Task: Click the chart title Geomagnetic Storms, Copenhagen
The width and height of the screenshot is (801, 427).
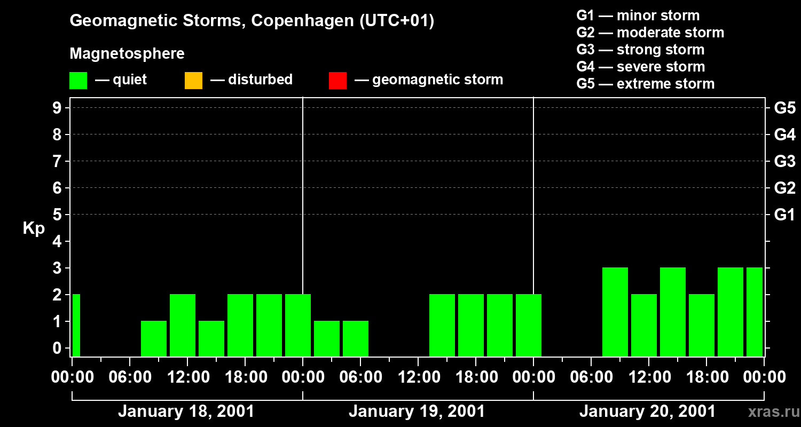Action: (252, 21)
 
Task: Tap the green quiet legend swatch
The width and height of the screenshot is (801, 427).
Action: (78, 81)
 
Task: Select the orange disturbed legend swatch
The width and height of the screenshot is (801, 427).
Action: (193, 81)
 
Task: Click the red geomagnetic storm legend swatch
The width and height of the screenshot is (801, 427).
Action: (337, 81)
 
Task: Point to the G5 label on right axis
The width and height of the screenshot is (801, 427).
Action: (784, 108)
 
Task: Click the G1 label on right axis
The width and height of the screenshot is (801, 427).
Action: (784, 215)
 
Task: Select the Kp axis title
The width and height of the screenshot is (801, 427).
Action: (34, 228)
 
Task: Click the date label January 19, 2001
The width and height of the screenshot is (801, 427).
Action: (417, 412)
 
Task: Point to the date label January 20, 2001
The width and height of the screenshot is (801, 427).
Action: (647, 412)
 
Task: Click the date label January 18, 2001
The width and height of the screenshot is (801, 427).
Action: (186, 412)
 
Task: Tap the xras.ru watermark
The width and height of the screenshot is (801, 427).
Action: (772, 412)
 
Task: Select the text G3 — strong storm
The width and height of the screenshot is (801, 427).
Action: (640, 50)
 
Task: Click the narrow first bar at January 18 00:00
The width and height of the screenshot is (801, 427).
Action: (76, 325)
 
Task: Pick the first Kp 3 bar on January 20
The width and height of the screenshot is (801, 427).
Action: (615, 312)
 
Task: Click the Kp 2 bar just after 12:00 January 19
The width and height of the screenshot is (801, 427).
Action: (442, 325)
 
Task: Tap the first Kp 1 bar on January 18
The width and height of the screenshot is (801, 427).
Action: (153, 338)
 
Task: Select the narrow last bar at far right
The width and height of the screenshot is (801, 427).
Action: (754, 312)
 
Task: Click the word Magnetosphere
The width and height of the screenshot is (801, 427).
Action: (127, 54)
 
